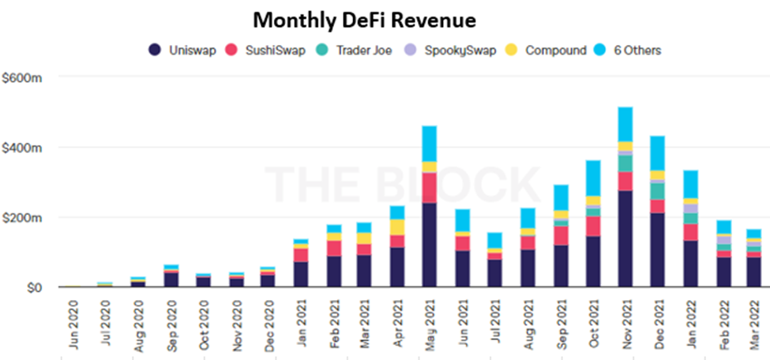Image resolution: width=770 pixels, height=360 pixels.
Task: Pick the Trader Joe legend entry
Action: pos(354,51)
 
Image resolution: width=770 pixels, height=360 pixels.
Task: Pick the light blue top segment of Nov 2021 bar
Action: pos(625,124)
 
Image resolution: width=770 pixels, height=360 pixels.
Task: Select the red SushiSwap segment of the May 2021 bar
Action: pos(429,188)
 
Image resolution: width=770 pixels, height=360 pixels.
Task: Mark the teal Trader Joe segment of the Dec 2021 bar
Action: pos(657,191)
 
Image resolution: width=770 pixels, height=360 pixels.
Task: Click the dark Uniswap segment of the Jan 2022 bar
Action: pos(689,264)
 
